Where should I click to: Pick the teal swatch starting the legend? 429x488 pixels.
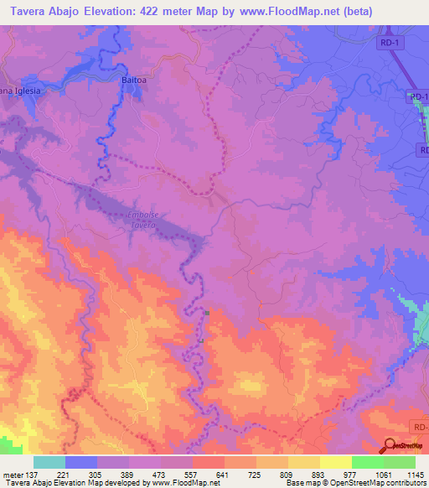tap(49, 462)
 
